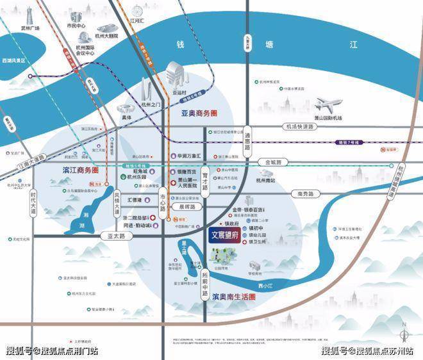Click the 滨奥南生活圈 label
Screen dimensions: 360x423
[235, 297]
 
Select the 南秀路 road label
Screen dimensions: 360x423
[301, 193]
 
